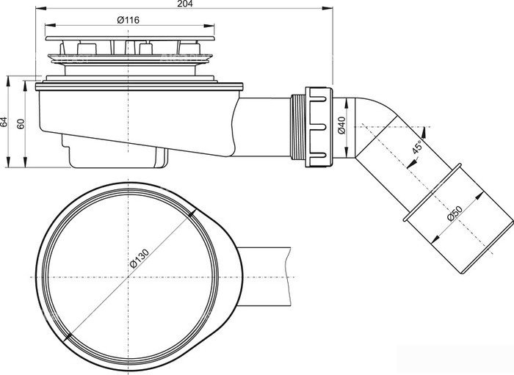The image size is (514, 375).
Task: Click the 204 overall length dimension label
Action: (185, 4)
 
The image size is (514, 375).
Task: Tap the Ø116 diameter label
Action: (128, 20)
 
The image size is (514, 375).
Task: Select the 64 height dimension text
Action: (4, 122)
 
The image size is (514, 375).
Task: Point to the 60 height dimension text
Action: (21, 124)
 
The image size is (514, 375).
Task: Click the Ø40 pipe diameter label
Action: (341, 125)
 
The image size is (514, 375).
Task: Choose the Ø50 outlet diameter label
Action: (455, 214)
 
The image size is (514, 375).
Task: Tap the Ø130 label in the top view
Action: (139, 258)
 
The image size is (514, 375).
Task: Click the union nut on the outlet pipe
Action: (319, 127)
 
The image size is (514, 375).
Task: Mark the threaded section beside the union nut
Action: (298, 127)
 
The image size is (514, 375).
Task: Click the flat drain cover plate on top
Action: (130, 38)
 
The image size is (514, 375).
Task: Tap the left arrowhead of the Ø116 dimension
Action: (50, 25)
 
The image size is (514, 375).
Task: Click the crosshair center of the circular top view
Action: (128, 277)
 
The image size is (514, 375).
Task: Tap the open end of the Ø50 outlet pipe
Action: (487, 247)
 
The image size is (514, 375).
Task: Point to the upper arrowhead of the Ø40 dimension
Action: (346, 103)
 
